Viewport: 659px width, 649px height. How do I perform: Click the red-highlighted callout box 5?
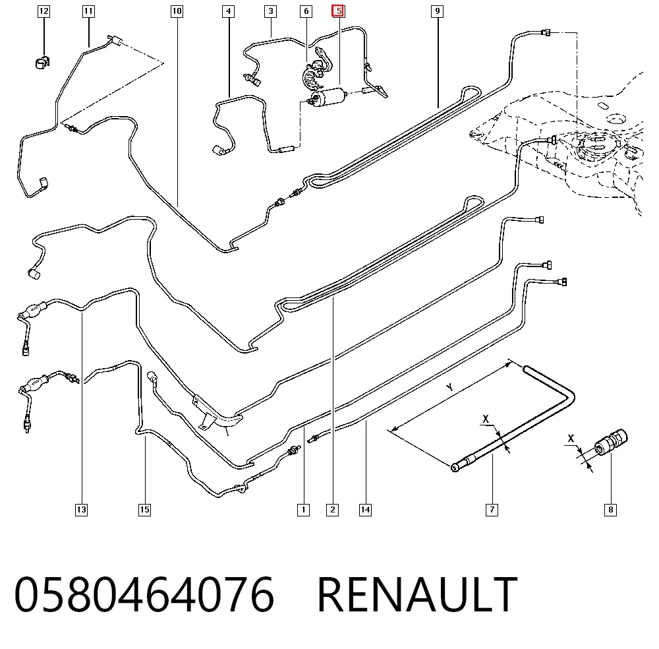[338, 11]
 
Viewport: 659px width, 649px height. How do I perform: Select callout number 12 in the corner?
[43, 11]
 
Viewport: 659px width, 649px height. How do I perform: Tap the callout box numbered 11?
[88, 11]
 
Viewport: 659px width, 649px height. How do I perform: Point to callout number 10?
[177, 11]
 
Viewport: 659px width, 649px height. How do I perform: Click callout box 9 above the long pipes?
[438, 11]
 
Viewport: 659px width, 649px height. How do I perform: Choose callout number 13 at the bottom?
[81, 510]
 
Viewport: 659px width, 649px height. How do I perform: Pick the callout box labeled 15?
[144, 510]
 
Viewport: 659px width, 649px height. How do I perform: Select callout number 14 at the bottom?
[365, 510]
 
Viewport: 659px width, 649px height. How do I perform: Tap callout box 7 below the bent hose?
[492, 510]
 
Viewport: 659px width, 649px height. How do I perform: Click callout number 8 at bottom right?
[610, 510]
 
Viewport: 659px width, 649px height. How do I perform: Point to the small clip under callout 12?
[42, 62]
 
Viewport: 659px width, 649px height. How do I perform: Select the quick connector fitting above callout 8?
[610, 442]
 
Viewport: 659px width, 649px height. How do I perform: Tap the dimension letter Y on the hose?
[449, 387]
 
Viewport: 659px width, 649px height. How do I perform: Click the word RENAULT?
[417, 594]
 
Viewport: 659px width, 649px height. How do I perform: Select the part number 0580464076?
[144, 594]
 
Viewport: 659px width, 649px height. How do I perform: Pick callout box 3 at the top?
[271, 11]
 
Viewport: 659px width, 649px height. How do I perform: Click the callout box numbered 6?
[306, 11]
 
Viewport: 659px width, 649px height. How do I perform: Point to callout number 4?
[228, 11]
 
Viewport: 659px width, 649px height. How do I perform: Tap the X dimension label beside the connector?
[571, 439]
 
